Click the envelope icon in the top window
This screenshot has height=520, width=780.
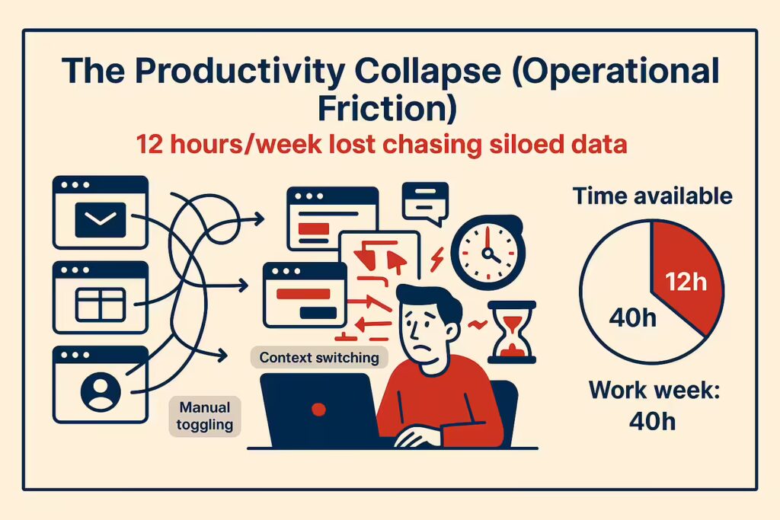101,220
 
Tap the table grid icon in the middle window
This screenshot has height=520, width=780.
100,305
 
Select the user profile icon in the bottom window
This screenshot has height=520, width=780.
101,391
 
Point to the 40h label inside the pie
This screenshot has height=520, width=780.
633,317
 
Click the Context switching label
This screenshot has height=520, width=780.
319,357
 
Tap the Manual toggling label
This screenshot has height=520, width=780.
205,416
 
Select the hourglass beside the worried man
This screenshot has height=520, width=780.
512,332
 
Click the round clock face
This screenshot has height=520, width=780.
488,253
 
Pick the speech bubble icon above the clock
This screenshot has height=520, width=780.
425,203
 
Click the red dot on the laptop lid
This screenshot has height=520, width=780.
318,409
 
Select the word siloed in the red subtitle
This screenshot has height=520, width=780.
526,145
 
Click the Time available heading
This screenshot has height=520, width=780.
652,196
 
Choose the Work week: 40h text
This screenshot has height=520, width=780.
653,405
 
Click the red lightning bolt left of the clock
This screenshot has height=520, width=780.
436,259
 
